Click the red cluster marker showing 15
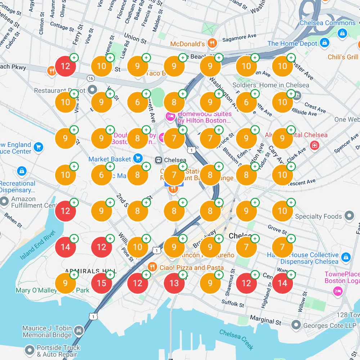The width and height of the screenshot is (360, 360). pos(102,283)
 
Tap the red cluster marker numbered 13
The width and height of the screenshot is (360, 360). pos(174,283)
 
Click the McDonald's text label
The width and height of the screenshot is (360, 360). pos(187,44)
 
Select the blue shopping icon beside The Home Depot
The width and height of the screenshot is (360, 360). pos(324,43)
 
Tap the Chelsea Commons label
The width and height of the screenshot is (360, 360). pos(328,23)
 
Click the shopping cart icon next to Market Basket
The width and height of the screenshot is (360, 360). pos(137,158)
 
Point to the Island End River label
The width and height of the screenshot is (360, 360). pos(36,248)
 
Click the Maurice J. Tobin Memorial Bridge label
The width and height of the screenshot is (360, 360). pos(47,332)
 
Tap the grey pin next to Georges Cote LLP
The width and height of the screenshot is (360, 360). pos(296,325)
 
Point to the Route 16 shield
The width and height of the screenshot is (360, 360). pos(90,78)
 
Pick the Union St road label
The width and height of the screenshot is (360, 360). pos(135,39)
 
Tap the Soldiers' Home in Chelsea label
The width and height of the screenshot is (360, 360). pos(271,85)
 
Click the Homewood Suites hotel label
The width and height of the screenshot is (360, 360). pos(204,117)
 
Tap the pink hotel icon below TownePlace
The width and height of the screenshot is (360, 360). pos(337,291)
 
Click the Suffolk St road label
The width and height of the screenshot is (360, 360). pos(233,304)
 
